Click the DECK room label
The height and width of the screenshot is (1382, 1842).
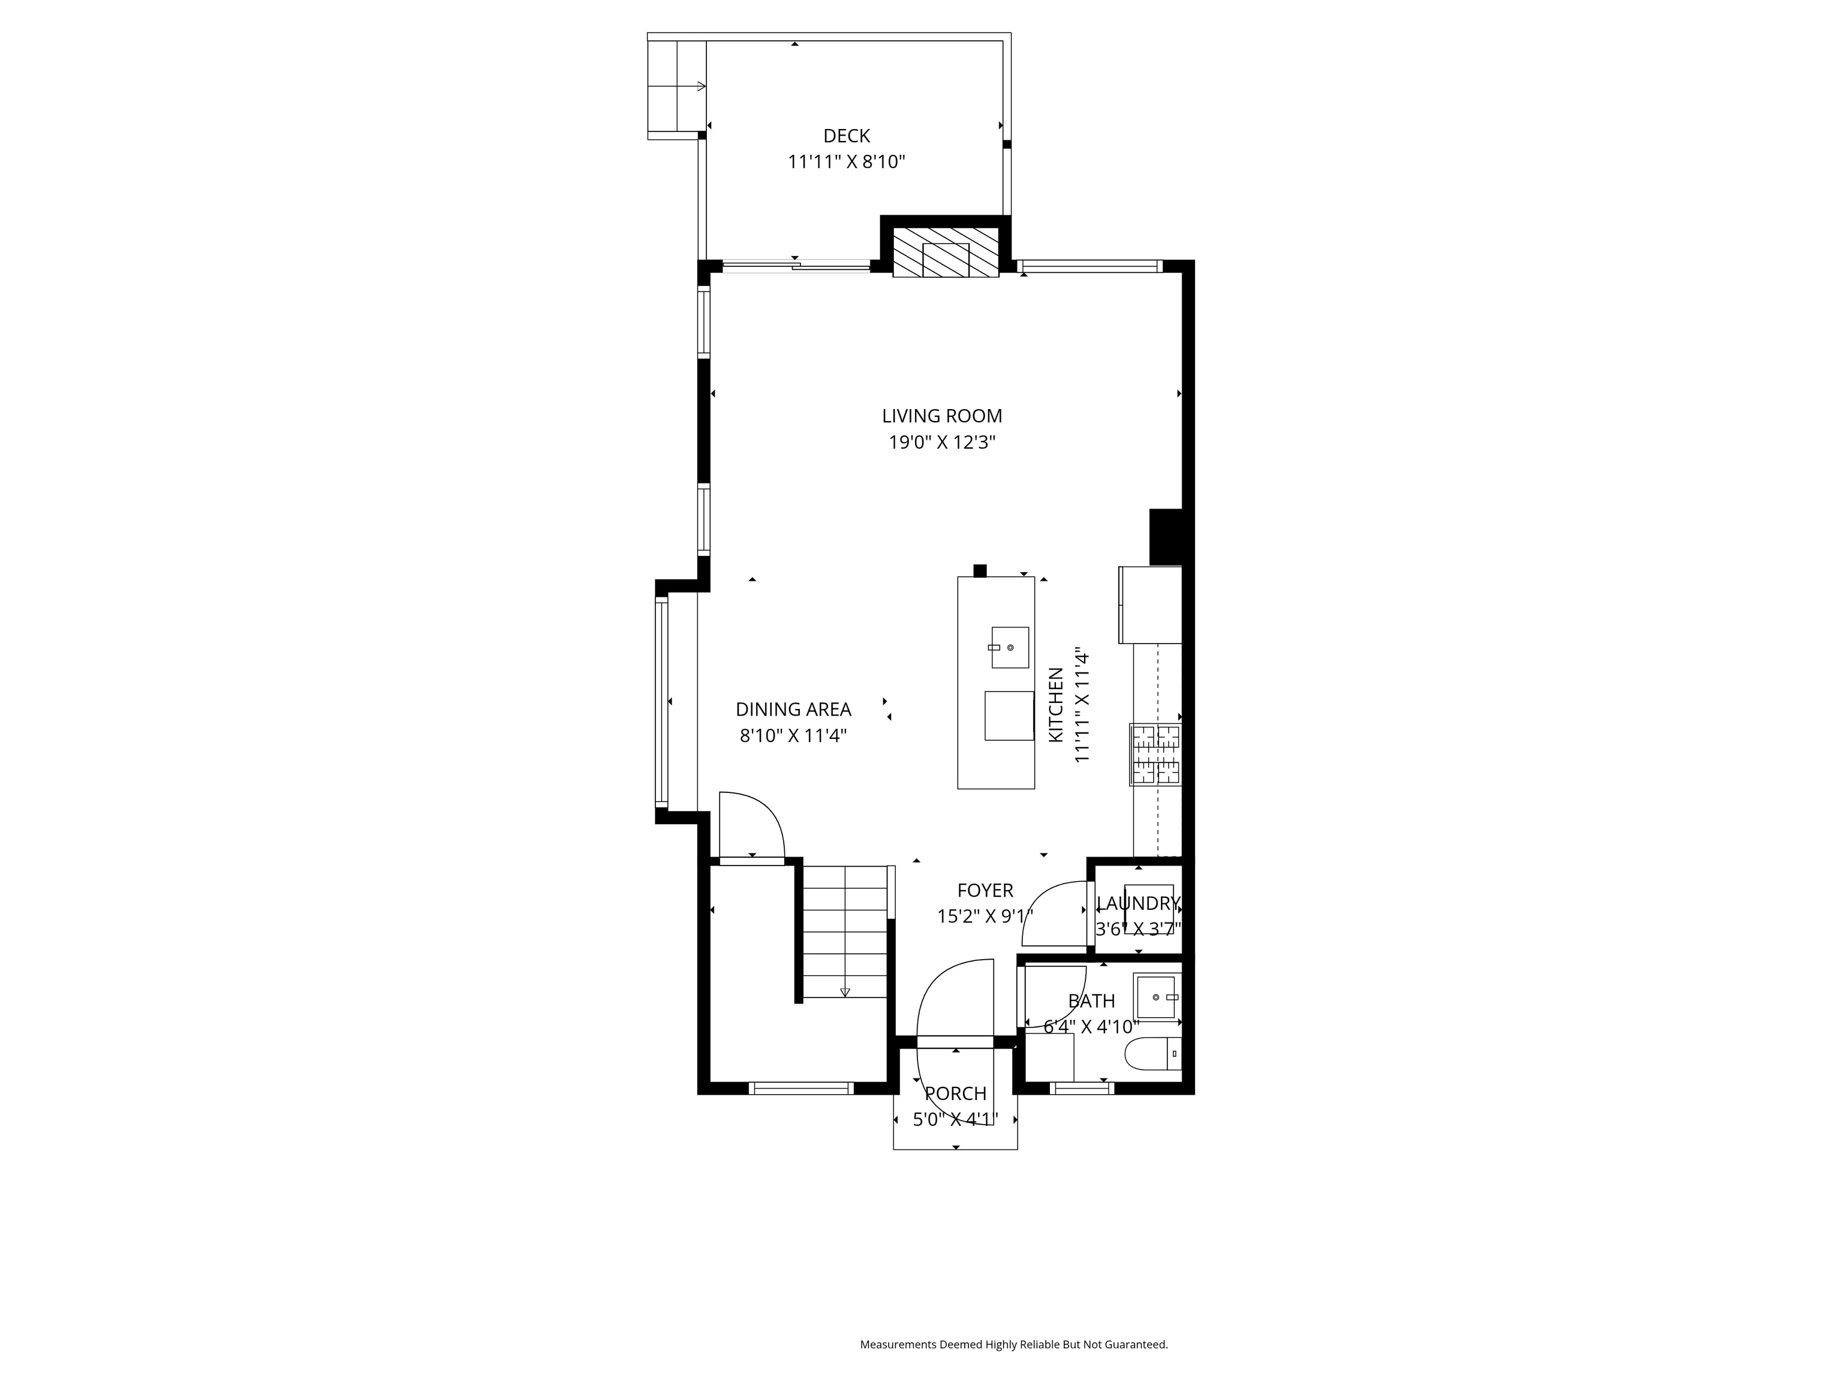[846, 136]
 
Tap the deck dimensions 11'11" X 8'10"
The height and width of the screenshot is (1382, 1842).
[846, 161]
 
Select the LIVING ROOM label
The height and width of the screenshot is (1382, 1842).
[942, 416]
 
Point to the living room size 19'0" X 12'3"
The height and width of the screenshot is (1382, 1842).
[942, 442]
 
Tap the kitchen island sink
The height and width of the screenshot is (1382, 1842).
[1009, 647]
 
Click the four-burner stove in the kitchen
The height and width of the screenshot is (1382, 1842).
[1155, 755]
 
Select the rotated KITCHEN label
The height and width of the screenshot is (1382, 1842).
[1055, 705]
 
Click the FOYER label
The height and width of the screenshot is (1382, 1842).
[985, 891]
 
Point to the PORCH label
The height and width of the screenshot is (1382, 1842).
[955, 1093]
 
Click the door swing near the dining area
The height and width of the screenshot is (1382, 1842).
[751, 824]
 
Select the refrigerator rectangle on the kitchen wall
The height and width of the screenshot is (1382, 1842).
[1150, 605]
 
